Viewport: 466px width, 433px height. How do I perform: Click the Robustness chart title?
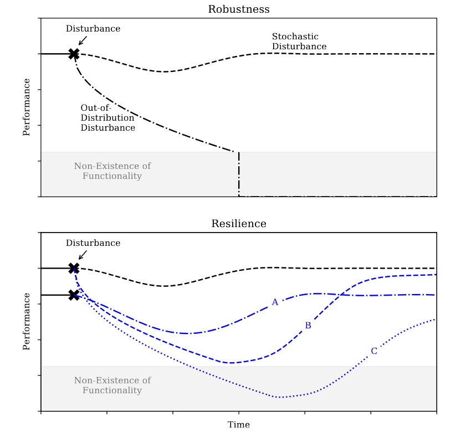(x=238, y=9)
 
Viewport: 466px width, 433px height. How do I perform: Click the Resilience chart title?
(x=238, y=224)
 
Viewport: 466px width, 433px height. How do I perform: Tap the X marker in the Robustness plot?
(x=74, y=54)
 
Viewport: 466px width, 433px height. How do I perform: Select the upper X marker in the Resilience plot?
(x=74, y=268)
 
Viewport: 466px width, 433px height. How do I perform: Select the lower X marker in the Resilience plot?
(x=74, y=295)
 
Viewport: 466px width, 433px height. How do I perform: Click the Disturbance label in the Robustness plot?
(x=93, y=29)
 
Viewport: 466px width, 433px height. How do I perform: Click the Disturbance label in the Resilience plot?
(x=93, y=243)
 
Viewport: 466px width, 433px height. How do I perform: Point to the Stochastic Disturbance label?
(x=299, y=42)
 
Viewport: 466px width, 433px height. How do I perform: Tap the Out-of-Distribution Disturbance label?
(x=107, y=118)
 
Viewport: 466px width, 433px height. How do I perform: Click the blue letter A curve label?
(x=274, y=302)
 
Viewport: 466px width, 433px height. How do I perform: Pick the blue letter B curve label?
(x=308, y=326)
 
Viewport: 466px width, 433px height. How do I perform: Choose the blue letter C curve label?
(x=374, y=351)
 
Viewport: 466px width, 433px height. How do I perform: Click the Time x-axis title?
(x=238, y=425)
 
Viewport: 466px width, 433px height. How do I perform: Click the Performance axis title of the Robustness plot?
(x=26, y=107)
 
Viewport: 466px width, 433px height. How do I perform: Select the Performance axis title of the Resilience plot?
(x=26, y=321)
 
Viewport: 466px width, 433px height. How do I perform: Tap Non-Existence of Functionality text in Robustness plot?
(x=112, y=171)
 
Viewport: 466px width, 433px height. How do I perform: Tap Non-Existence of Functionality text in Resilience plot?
(x=112, y=385)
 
